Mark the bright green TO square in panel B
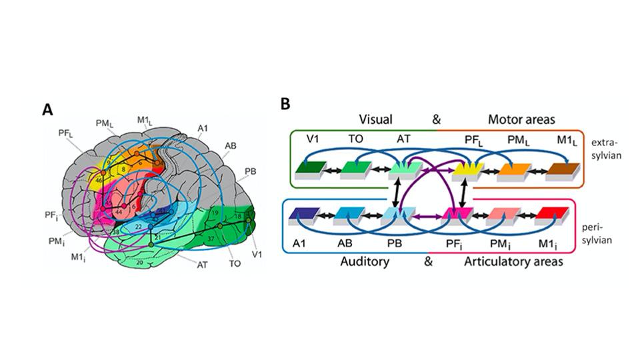coord(357,169)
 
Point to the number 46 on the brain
coord(99,180)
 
